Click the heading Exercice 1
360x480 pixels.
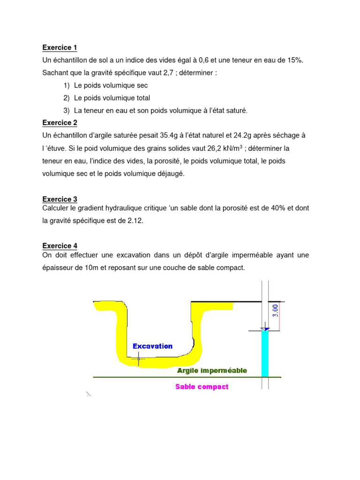(60, 48)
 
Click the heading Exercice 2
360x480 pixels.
(60, 123)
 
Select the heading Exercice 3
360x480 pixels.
(60, 199)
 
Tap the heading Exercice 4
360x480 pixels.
(60, 246)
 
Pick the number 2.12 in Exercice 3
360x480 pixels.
(133, 220)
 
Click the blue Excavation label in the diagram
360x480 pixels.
(152, 346)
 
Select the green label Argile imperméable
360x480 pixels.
(212, 370)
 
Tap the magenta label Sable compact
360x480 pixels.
(202, 387)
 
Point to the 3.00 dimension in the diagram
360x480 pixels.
(276, 310)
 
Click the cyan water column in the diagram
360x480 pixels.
(265, 354)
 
